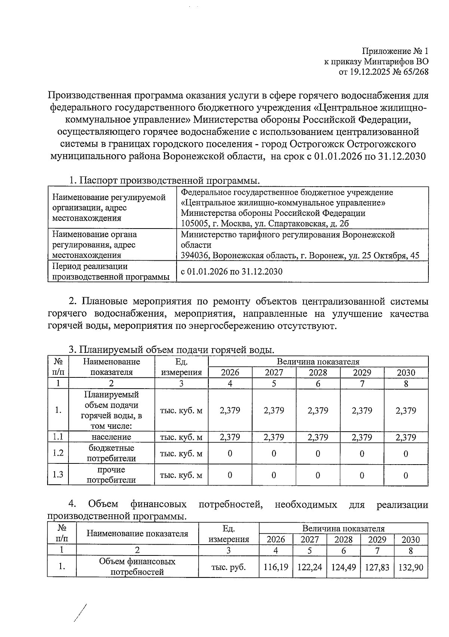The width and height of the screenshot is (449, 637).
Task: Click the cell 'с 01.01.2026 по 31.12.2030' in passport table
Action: pos(231,272)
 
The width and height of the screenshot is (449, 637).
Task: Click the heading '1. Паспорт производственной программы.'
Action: pos(164,181)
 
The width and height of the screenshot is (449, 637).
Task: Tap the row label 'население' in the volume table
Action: pos(111,437)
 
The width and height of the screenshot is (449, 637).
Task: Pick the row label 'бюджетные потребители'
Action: pos(111,453)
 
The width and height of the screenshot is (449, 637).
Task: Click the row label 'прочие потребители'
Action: pos(111,475)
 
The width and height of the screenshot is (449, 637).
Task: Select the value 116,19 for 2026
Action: pos(276,567)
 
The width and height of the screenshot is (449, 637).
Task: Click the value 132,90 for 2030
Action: pos(411,567)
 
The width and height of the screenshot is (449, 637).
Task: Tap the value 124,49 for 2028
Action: pos(343,567)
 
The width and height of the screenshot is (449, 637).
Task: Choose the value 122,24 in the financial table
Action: pos(310,567)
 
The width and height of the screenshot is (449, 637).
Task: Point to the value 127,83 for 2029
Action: pos(377,567)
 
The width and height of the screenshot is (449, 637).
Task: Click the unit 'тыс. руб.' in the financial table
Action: pos(229,567)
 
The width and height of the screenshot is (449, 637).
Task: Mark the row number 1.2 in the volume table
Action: pos(58,453)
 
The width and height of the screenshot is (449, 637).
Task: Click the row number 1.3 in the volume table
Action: pos(58,475)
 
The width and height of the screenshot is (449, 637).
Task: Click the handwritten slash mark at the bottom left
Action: pos(80,613)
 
